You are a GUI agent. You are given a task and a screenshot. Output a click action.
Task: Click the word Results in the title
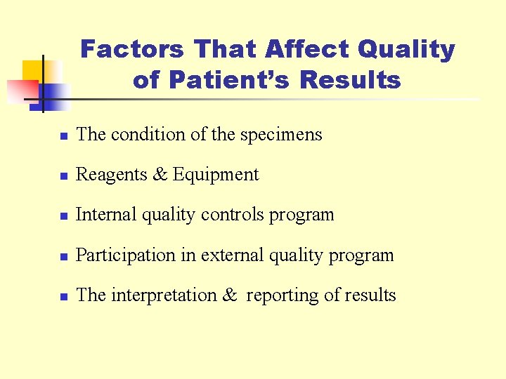[x=349, y=80]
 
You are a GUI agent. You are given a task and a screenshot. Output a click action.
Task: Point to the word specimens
[x=281, y=135]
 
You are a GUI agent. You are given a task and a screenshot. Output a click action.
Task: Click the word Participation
[x=117, y=255]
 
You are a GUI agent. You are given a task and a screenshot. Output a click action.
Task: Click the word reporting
[x=282, y=295]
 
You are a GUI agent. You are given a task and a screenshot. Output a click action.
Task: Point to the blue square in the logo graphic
[x=55, y=93]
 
